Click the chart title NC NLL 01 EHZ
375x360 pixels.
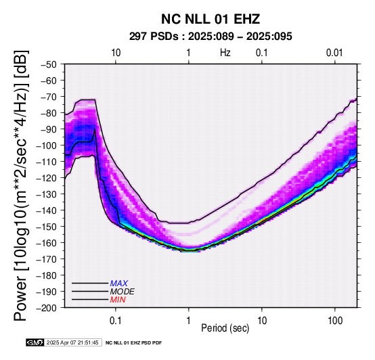click(x=211, y=19)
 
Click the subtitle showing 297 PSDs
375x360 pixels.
click(x=211, y=37)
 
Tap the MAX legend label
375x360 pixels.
click(x=119, y=284)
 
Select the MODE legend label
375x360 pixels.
click(x=123, y=292)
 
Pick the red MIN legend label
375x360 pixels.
click(x=118, y=300)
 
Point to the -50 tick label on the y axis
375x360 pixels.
click(x=49, y=64)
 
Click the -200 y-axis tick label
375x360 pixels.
click(x=47, y=308)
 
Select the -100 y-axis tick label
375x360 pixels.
click(x=47, y=145)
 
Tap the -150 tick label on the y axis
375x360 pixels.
click(x=47, y=227)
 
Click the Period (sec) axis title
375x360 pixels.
click(x=225, y=328)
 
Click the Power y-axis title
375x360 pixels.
click(x=21, y=185)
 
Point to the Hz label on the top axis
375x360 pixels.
click(x=225, y=53)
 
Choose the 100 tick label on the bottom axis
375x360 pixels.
click(x=335, y=321)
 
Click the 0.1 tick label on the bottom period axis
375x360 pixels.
click(x=116, y=321)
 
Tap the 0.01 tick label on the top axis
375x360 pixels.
click(x=334, y=53)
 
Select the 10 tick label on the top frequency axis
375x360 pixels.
click(x=116, y=53)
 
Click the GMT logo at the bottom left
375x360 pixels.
click(x=35, y=342)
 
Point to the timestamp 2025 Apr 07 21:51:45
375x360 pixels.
click(x=72, y=342)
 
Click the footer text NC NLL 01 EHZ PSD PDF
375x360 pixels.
click(x=134, y=343)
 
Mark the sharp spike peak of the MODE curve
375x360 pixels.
click(x=95, y=129)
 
